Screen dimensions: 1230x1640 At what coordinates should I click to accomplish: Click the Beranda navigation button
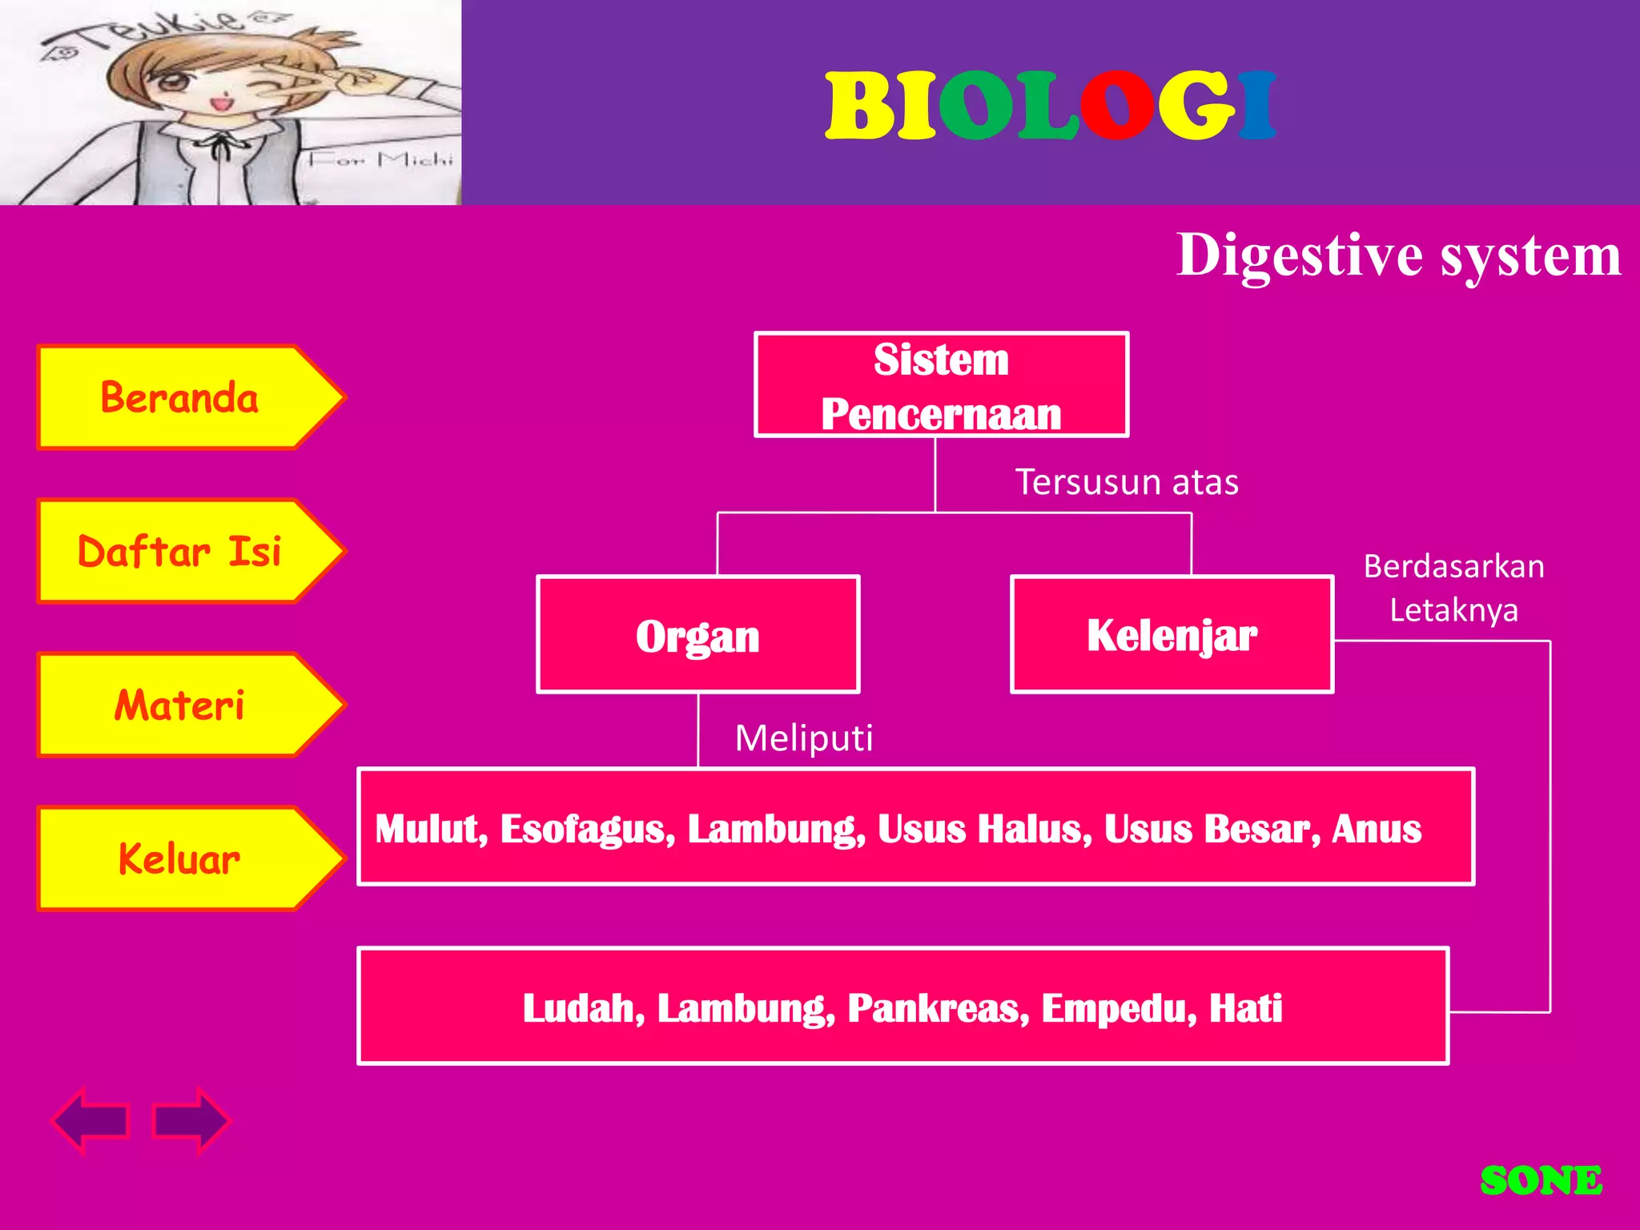tap(180, 398)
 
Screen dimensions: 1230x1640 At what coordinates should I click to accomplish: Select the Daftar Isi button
tap(180, 552)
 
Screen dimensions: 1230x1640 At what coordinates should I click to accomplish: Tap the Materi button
tap(180, 705)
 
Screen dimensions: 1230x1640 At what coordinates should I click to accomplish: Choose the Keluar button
tap(180, 859)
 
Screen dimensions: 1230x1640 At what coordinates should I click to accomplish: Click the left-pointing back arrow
tap(92, 1120)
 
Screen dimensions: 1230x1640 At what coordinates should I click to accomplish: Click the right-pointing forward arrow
tap(191, 1120)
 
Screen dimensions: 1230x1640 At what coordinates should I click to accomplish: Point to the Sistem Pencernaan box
tap(941, 385)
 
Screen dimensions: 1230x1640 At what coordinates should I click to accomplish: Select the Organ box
tap(697, 635)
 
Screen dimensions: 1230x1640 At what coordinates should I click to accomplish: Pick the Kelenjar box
tap(1172, 635)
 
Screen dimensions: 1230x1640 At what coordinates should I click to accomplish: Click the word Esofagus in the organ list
tap(588, 829)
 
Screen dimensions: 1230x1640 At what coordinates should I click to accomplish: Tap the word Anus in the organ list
tap(1377, 829)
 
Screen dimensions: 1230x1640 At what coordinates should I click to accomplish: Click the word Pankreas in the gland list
tap(938, 1008)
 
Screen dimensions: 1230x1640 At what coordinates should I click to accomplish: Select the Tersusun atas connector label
tap(1127, 482)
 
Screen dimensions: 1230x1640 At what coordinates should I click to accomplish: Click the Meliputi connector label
tap(804, 738)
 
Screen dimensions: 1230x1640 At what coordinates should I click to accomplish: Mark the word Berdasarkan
tap(1453, 567)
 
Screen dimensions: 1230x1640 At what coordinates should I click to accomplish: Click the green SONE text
tap(1541, 1181)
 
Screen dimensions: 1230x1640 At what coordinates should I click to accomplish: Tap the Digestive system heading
tap(1398, 255)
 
